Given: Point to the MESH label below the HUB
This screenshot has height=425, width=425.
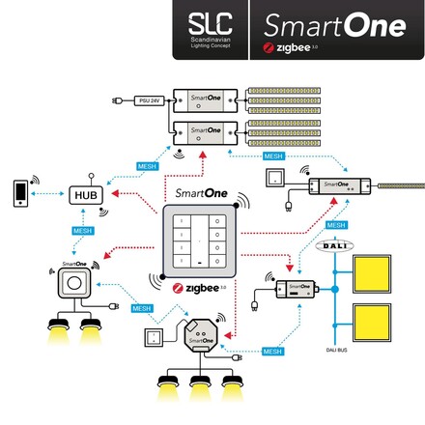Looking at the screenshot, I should coord(83,231).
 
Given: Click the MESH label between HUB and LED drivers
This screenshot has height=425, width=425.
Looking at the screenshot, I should coord(148,166).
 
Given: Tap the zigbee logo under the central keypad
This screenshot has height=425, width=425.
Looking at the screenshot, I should coord(199,287).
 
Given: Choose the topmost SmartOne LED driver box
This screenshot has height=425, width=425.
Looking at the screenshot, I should coord(200,99).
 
